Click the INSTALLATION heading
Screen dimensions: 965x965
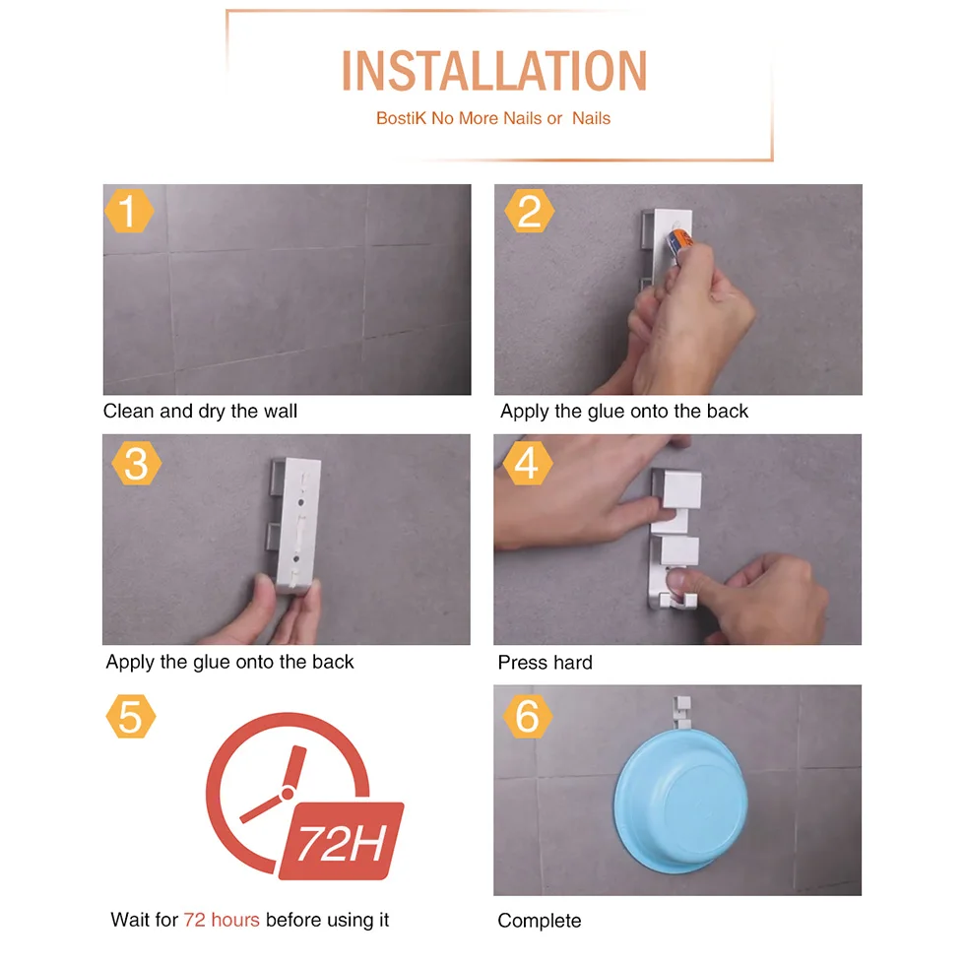tap(494, 71)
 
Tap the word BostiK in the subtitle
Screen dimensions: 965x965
tap(401, 118)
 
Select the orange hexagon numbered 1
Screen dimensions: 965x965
tap(129, 211)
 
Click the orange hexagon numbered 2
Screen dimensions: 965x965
tap(530, 211)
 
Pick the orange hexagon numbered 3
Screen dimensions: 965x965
tap(137, 464)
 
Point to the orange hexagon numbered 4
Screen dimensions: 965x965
tap(528, 463)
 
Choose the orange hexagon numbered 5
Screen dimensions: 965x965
tap(130, 717)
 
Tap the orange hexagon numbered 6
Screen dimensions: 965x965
tap(528, 717)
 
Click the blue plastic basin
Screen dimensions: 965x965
tap(680, 800)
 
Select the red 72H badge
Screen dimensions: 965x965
tap(342, 841)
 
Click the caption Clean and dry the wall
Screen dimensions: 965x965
tap(200, 412)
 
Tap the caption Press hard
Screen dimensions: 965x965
tap(545, 662)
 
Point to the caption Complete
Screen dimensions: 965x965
tap(540, 921)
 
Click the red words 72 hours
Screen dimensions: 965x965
tap(222, 920)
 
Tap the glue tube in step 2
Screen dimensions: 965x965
tap(679, 243)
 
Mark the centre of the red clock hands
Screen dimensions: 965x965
tap(287, 794)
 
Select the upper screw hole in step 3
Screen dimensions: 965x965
tap(301, 502)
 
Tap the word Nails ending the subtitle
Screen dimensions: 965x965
tap(591, 118)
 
